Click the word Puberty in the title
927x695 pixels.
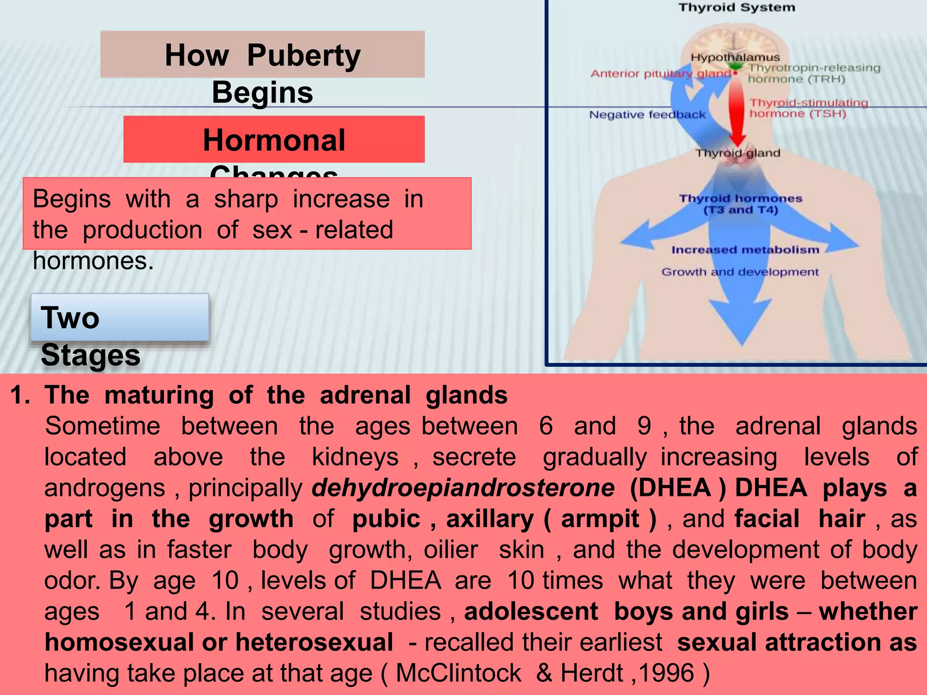click(x=304, y=56)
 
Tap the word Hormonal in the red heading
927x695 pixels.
click(x=274, y=140)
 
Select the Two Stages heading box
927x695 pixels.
click(x=119, y=318)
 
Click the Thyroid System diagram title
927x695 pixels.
click(x=736, y=8)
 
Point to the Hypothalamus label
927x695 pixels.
click(x=735, y=57)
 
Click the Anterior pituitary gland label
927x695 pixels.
click(x=660, y=74)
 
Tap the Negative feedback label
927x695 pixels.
click(x=647, y=115)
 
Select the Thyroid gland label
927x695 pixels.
click(x=738, y=153)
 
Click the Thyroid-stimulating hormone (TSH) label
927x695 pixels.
click(x=808, y=108)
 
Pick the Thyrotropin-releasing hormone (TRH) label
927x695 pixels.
click(x=813, y=73)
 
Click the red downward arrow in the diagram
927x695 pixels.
click(x=737, y=113)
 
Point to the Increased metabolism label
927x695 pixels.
click(x=745, y=250)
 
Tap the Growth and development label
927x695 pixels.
click(x=740, y=272)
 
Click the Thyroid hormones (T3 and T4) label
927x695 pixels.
click(x=741, y=204)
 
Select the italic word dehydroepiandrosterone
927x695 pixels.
click(x=463, y=488)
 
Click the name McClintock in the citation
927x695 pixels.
click(x=458, y=673)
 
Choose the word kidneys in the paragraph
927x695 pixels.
click(x=355, y=457)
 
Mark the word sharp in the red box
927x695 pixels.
click(x=246, y=199)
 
